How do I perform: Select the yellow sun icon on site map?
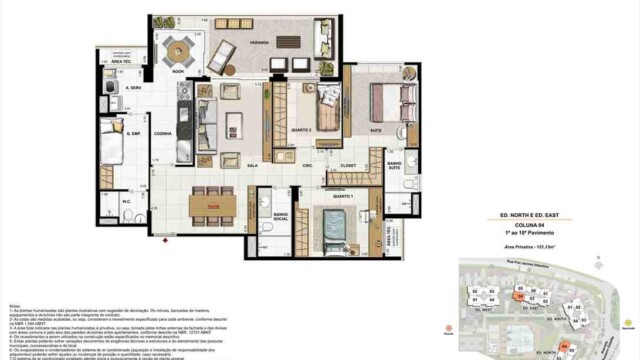[627, 322]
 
